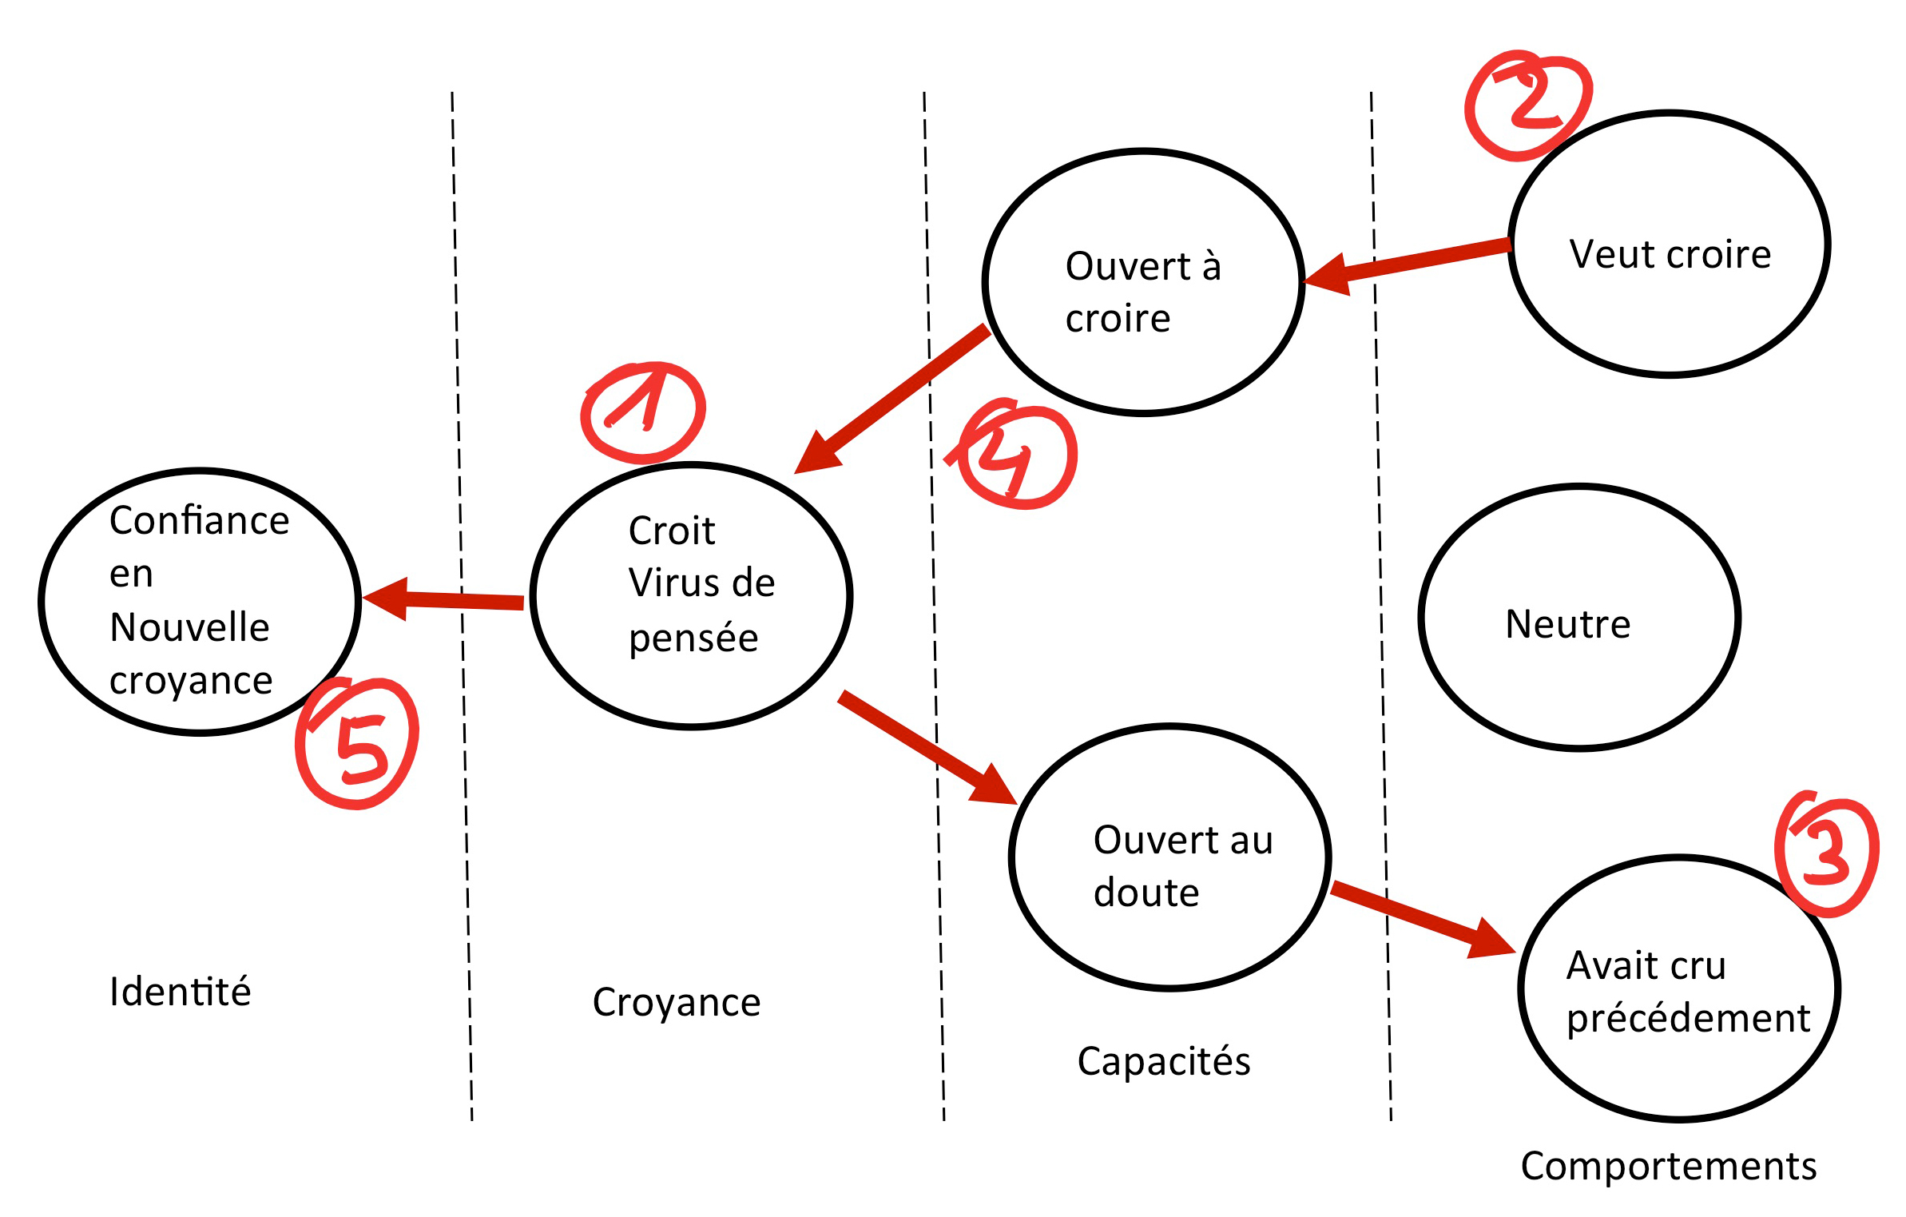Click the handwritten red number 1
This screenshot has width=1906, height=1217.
coord(643,412)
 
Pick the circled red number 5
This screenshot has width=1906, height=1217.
coord(358,743)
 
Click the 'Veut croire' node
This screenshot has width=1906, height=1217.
coord(1670,244)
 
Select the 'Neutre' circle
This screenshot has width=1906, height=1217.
coord(1579,618)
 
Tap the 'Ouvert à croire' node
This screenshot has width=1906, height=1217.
coord(1143,282)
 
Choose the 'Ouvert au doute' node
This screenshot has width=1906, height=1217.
coord(1169,857)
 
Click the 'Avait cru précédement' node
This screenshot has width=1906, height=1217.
coord(1679,988)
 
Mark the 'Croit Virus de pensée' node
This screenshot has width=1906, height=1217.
coord(692,596)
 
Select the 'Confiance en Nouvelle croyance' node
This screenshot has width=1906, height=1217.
coord(200,601)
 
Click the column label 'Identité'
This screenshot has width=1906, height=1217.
coord(181,992)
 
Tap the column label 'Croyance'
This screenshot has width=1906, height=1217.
coord(677,1002)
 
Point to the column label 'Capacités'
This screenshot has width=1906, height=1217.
coord(1164,1061)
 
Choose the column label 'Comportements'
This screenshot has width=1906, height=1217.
coord(1668,1166)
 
